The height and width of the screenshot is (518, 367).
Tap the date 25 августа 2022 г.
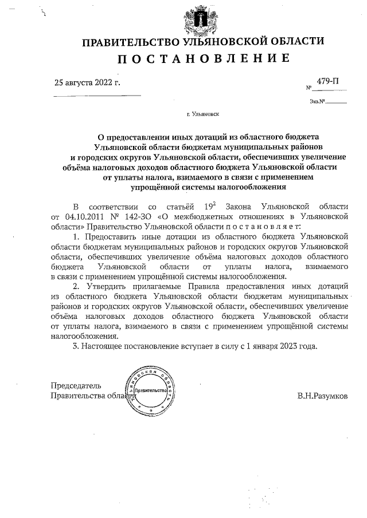(87, 82)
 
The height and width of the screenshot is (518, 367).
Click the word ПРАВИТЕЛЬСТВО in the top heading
(131, 42)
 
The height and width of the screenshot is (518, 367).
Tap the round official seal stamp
(150, 390)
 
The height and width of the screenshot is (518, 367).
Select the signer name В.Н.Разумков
(322, 396)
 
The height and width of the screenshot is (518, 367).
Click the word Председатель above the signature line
(76, 385)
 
